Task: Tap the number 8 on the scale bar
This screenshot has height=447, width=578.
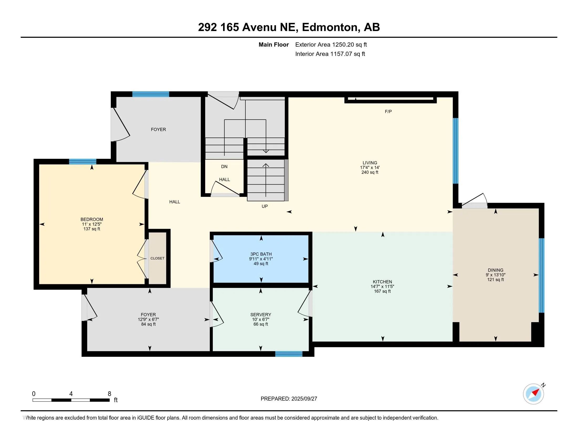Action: pos(109,394)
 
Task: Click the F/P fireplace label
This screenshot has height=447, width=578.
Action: pos(388,111)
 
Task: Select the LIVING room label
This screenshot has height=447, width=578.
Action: pos(370,162)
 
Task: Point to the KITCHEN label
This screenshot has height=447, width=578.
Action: pos(383,282)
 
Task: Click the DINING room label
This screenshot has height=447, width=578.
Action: pos(496,270)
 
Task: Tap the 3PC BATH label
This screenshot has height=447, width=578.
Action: pos(261,254)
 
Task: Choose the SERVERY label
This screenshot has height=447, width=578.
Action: pos(261,314)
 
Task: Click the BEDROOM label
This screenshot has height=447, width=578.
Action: pos(92,219)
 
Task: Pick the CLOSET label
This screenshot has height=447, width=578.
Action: pos(157,258)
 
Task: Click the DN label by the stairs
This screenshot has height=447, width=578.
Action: pos(224,166)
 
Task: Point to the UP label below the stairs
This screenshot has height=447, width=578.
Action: pos(265,206)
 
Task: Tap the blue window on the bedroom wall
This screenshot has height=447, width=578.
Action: pos(82,161)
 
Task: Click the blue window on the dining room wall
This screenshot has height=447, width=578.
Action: pos(541,275)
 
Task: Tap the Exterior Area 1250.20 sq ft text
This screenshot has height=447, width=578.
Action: pos(331,44)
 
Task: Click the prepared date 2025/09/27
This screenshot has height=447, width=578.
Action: pos(304,399)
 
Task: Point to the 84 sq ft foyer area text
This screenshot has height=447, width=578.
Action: pos(148,324)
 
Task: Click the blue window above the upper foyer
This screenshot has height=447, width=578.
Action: pos(151,94)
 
